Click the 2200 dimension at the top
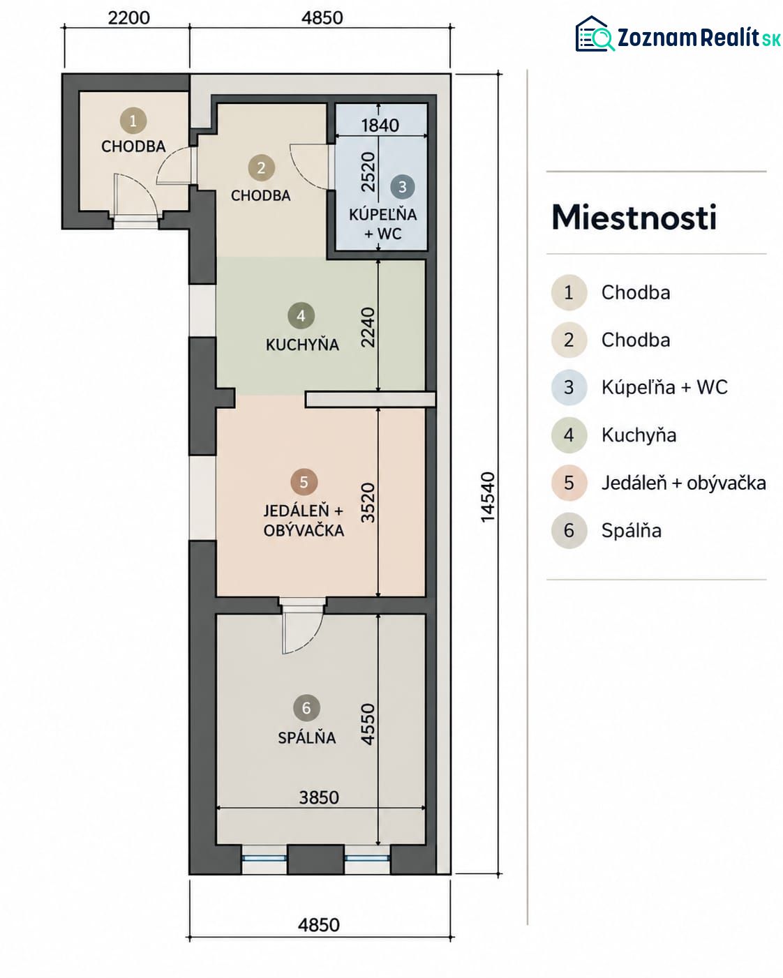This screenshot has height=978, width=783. pyautogui.click(x=128, y=17)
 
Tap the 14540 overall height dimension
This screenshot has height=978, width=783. pyautogui.click(x=487, y=497)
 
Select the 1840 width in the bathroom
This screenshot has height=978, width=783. pyautogui.click(x=380, y=125)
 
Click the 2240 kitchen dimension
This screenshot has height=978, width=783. pyautogui.click(x=368, y=327)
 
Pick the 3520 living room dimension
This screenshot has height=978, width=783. pyautogui.click(x=368, y=503)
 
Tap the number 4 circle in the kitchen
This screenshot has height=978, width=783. pyautogui.click(x=301, y=316)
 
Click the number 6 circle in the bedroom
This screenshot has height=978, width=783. pyautogui.click(x=306, y=707)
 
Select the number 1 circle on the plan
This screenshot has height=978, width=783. pyautogui.click(x=133, y=121)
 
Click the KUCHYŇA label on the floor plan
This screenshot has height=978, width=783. pyautogui.click(x=302, y=345)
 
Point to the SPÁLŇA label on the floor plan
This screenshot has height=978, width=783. pyautogui.click(x=307, y=737)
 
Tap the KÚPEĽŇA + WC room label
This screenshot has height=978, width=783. pyautogui.click(x=383, y=224)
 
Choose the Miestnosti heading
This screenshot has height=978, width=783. pyautogui.click(x=634, y=217)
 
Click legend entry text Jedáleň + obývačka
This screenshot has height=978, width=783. pyautogui.click(x=683, y=483)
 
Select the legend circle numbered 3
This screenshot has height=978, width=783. pyautogui.click(x=569, y=387)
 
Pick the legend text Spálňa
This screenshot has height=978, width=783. pyautogui.click(x=631, y=530)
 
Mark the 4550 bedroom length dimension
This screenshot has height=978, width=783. pyautogui.click(x=368, y=724)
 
